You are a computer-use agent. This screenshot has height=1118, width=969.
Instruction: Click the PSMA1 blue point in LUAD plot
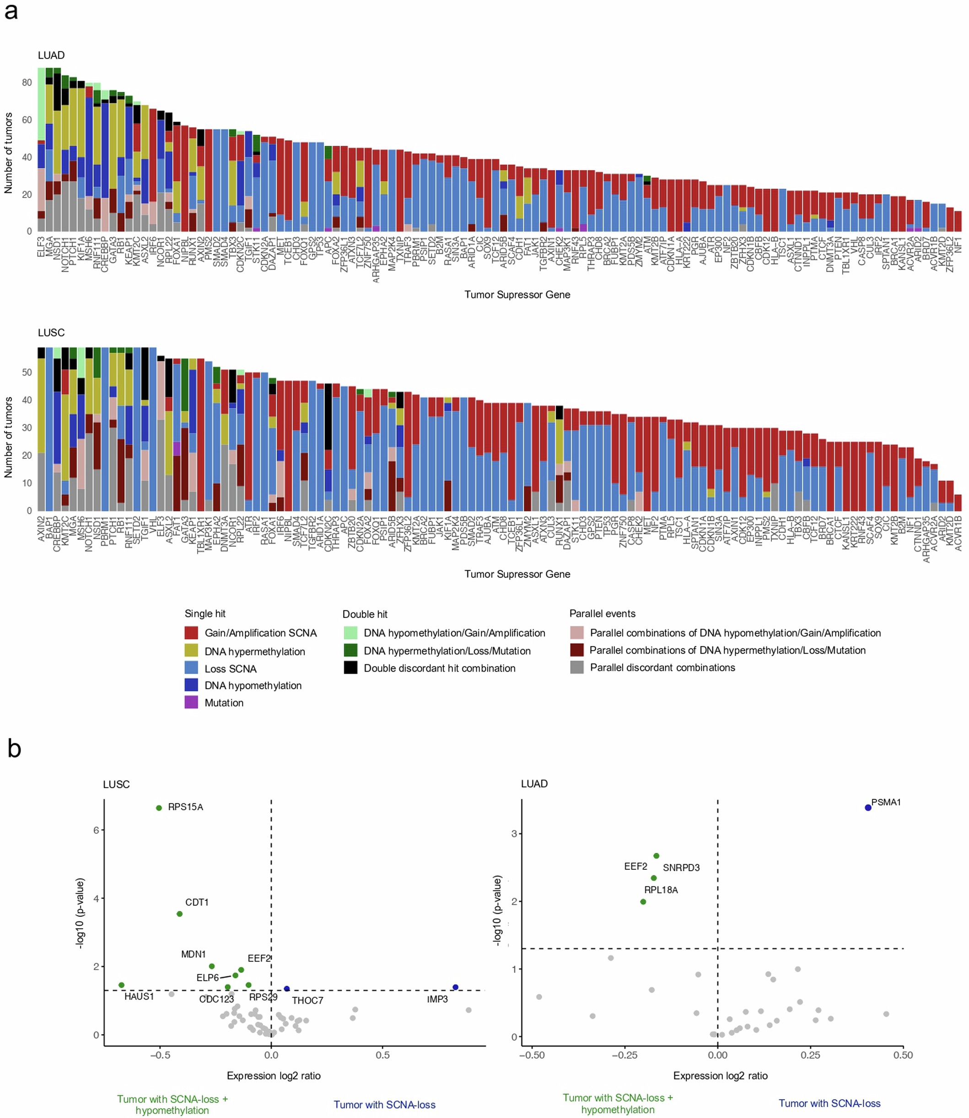coord(868,808)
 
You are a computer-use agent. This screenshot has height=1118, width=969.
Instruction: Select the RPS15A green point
coord(159,808)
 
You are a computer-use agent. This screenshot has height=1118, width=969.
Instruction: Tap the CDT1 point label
coord(197,902)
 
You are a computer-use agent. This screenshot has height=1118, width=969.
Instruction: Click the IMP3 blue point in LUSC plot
coord(455,987)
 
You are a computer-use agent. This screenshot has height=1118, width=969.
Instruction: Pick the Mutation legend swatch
coord(191,702)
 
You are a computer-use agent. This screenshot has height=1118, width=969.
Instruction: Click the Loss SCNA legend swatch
coord(191,669)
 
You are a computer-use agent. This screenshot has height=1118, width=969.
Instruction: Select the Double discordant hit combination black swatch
coord(350,668)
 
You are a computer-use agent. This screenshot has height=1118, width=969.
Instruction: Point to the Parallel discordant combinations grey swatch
coord(577,667)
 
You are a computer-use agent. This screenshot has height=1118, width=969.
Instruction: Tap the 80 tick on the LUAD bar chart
coord(27,83)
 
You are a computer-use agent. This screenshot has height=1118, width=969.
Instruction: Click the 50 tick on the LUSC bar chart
coord(27,372)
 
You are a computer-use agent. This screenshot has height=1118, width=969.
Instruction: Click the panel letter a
coord(11,11)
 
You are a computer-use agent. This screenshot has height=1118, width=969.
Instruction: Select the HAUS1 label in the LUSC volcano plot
coord(139,996)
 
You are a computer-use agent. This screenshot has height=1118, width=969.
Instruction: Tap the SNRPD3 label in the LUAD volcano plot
coord(681,867)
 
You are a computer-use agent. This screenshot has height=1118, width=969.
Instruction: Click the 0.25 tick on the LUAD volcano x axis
coord(810,1055)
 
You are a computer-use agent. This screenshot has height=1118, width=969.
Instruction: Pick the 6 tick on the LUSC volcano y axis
coord(96,830)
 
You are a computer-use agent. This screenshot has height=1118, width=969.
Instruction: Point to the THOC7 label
coord(307,1000)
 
